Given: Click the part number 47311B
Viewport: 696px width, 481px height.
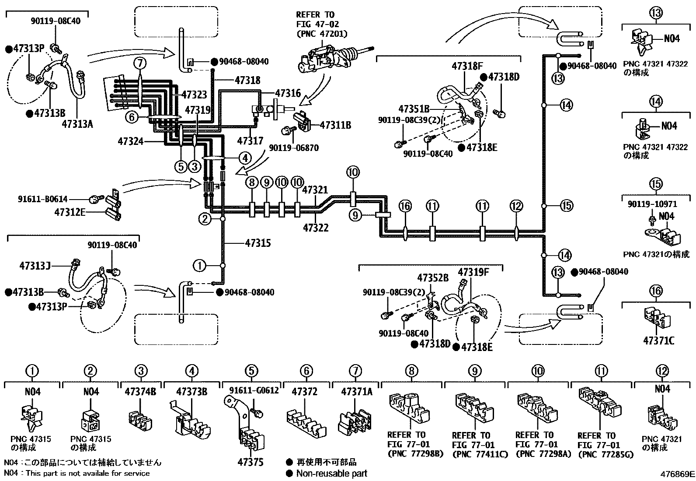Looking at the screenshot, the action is point(336,125).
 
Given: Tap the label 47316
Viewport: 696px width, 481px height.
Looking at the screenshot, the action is point(288,93).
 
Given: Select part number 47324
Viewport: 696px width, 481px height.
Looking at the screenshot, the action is point(130,141).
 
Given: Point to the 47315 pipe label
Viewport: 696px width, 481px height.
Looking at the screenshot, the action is point(258,243).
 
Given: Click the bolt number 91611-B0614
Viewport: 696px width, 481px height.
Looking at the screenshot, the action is point(42,199).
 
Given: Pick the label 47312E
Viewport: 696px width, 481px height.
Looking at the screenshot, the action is point(70,212).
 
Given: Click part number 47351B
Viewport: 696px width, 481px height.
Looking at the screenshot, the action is point(414,109).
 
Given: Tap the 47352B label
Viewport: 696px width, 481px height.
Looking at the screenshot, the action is point(433,278).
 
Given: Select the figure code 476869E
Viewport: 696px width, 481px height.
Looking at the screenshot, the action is point(677,474).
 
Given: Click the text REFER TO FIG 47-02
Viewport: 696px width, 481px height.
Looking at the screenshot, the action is point(317,19).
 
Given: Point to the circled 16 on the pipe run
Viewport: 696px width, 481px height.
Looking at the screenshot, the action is point(405,206).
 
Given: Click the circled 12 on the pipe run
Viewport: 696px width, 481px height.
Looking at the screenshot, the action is point(516,206).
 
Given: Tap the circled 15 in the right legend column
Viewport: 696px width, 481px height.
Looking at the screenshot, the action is point(656,184).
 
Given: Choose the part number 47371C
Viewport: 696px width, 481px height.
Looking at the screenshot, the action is point(659,341).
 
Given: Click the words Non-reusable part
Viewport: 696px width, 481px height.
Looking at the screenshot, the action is point(331,474).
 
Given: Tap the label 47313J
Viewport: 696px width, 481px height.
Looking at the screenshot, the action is point(35,266).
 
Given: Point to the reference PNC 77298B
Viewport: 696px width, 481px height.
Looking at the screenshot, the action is point(416,454).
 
